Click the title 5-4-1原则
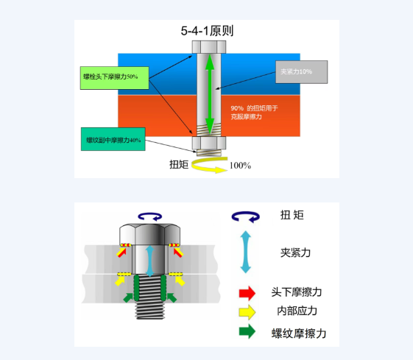207,31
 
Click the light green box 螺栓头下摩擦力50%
115,78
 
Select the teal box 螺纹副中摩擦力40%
113,139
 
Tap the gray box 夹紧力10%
302,72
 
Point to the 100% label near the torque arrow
240,166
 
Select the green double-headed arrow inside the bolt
210,94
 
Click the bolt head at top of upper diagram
209,47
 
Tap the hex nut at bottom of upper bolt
209,144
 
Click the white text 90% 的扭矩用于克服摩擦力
254,112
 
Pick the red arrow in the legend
247,293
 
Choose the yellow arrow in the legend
247,312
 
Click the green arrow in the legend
247,331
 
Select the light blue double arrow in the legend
245,252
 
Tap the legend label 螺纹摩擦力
299,333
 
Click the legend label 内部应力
297,311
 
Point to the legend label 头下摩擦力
297,292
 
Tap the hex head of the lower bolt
150,234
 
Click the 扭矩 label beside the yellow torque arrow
179,164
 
